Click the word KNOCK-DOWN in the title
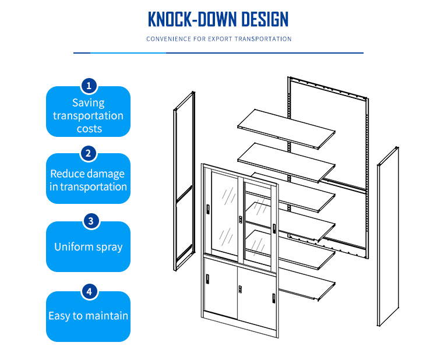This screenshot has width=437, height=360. coord(192,19)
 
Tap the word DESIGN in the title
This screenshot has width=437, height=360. coord(265,19)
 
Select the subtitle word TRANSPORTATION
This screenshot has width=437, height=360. coord(263,38)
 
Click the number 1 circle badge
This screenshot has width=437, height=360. coord(89,86)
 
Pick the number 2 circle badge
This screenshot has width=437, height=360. coord(89,154)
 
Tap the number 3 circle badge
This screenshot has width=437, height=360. coord(91,221)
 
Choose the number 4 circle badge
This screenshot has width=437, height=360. coord(90,292)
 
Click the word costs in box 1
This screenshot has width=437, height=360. coord(90,129)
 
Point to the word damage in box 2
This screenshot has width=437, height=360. coord(107,174)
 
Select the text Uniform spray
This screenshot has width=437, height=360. coord(89,247)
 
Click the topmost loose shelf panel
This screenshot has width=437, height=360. coord(286,129)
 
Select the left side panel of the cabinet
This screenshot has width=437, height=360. coord(184,181)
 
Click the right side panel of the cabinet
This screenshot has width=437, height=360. coord(388,237)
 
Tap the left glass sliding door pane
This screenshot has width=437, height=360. coord(225,215)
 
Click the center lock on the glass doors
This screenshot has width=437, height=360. coord(241,220)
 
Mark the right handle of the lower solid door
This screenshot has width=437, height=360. coord(274,298)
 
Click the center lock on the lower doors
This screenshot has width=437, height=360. coord(240,290)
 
